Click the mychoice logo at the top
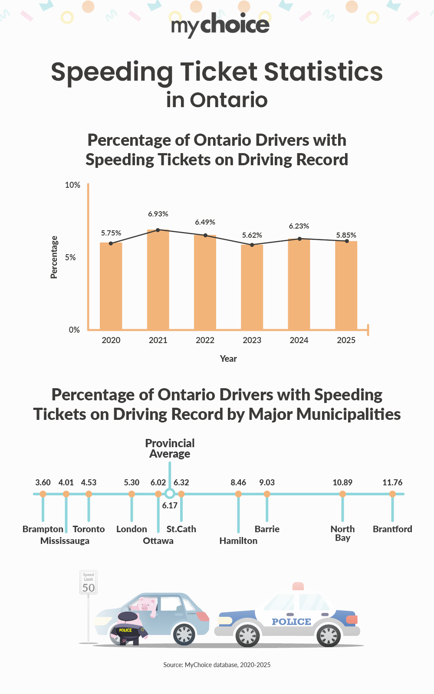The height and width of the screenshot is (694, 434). [220, 25]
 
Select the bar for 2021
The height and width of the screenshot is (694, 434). [158, 280]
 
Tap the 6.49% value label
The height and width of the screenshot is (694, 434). [205, 222]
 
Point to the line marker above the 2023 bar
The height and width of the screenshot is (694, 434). [252, 245]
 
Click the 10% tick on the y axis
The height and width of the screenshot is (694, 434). [72, 185]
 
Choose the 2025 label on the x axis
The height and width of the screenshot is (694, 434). [346, 340]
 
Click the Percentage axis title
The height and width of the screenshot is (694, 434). [54, 257]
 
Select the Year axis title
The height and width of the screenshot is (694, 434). [228, 359]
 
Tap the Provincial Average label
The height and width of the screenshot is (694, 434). [170, 448]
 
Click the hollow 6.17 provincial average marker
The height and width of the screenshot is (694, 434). [170, 494]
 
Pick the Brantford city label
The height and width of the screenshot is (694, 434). [392, 529]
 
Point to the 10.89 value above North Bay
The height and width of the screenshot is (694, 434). [342, 483]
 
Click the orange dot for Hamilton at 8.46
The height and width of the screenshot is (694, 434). [238, 494]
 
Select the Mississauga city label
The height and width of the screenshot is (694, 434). [65, 541]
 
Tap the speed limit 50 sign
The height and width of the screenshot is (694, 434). [89, 583]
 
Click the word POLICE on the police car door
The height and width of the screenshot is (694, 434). [291, 622]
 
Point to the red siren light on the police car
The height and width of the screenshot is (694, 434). [298, 586]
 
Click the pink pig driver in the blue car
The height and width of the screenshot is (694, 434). [146, 606]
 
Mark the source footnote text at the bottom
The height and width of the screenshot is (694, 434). [217, 665]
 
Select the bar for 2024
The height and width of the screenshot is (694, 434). [299, 284]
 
